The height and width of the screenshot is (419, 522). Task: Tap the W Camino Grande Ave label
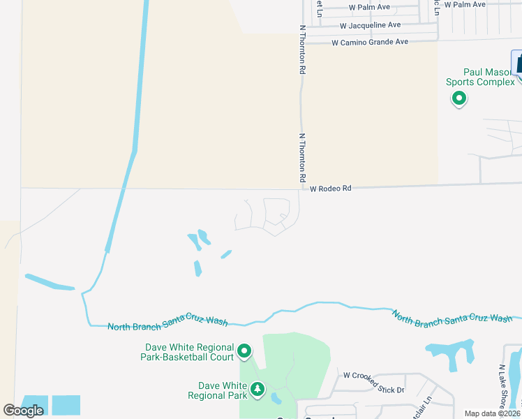[370, 43]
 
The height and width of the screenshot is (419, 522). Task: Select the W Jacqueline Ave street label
[371, 25]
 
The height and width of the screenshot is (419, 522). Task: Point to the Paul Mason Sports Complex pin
[459, 99]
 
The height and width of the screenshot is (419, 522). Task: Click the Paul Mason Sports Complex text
[480, 77]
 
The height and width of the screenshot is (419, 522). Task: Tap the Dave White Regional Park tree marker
[258, 389]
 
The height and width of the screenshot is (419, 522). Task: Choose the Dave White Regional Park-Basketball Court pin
[244, 351]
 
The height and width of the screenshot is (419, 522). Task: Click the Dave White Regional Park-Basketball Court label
[189, 352]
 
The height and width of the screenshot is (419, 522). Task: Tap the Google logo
[23, 410]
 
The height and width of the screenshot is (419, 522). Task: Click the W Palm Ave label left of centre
[370, 8]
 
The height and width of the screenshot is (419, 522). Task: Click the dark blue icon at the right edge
[517, 62]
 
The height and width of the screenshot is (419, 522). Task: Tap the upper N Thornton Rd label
[303, 50]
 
